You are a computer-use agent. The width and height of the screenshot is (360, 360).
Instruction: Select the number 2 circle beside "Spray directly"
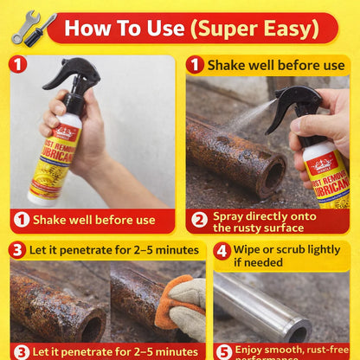198,219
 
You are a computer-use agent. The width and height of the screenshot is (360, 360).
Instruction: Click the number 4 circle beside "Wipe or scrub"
222,251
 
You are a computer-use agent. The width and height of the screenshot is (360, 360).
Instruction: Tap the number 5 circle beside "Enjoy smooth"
222,351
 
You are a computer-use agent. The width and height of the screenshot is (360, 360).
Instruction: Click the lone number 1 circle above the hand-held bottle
19,65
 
